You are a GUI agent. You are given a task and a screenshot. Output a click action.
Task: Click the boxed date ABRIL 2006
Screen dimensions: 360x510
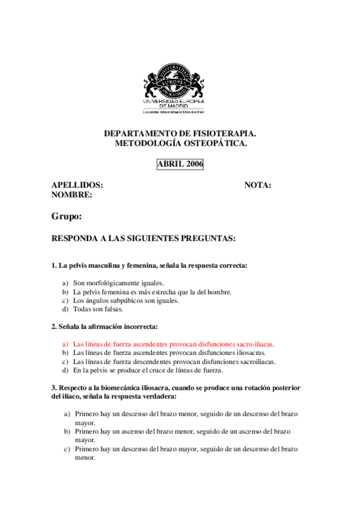(180, 164)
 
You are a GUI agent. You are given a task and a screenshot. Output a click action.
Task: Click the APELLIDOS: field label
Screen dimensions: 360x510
(77, 185)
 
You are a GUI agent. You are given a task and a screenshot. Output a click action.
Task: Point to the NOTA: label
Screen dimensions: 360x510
(257, 185)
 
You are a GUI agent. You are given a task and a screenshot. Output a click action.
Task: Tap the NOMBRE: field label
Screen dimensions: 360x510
(72, 195)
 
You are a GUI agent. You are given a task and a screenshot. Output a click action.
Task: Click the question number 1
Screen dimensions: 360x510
(53, 265)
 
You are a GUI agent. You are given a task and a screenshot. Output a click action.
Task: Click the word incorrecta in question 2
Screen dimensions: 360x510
(140, 327)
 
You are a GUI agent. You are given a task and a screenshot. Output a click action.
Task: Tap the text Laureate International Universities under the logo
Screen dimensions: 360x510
(173, 112)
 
